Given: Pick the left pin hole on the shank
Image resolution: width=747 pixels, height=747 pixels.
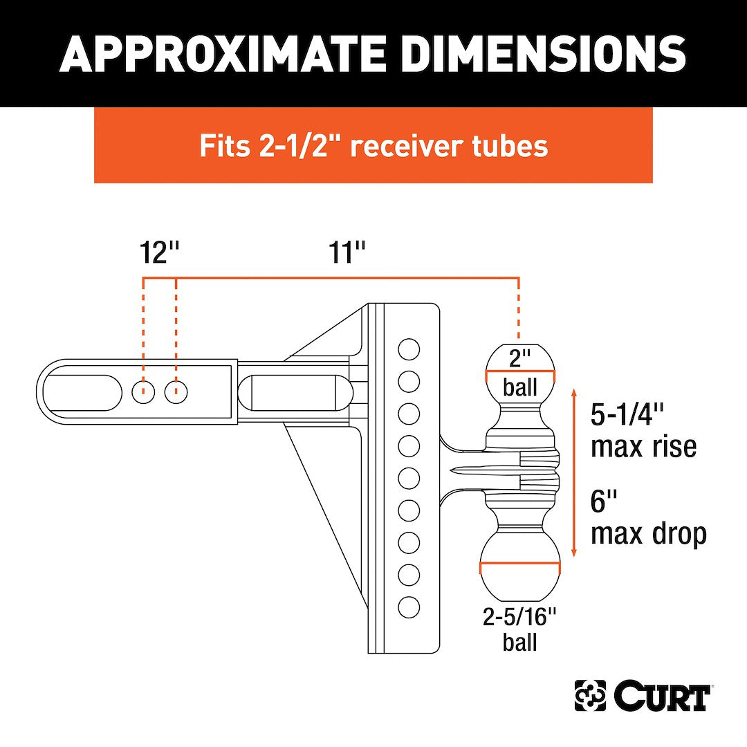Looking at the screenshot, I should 143,392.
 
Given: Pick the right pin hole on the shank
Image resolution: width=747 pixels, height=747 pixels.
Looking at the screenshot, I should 176,392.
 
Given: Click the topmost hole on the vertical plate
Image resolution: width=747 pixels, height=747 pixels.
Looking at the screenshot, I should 409,349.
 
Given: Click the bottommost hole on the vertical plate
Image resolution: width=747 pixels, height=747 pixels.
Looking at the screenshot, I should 409,607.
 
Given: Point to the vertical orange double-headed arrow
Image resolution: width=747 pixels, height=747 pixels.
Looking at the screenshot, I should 574,473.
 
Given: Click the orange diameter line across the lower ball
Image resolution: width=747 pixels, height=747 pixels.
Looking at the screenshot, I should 520,567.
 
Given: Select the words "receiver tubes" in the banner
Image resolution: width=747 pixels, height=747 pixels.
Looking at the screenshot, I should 450,146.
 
